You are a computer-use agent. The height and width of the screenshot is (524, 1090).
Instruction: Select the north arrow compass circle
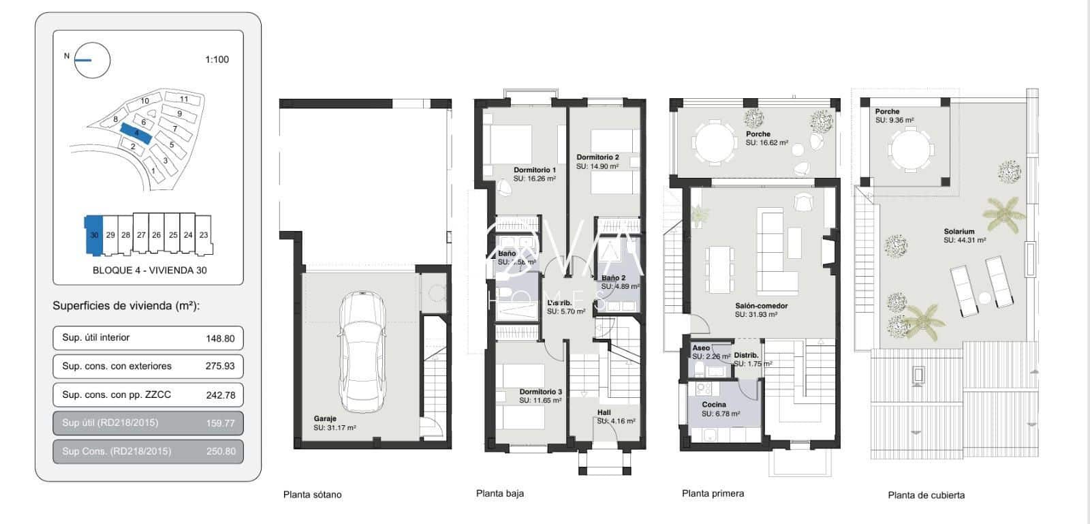92,60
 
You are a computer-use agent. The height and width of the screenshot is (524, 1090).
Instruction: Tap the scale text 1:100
217,59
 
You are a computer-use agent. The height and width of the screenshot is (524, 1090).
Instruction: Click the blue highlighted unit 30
94,234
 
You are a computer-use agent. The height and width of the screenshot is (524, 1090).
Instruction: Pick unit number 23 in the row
204,234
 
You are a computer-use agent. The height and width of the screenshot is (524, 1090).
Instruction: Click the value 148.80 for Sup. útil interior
219,338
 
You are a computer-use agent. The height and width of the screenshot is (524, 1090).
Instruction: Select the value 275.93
219,366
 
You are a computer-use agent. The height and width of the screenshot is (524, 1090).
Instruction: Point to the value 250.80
219,451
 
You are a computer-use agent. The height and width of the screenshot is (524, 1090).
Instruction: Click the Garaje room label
325,419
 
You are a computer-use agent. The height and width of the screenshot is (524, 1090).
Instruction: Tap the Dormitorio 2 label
597,157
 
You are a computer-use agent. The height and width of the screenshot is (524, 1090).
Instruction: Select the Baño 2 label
613,278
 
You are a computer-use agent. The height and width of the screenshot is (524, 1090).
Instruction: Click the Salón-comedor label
761,306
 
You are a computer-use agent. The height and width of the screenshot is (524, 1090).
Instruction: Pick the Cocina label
714,405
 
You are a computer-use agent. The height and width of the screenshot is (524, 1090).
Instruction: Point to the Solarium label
959,232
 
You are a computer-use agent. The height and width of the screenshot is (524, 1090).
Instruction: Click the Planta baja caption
499,493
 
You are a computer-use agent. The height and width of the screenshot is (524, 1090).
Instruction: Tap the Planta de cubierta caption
926,495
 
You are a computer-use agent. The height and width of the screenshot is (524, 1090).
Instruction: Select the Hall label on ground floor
604,413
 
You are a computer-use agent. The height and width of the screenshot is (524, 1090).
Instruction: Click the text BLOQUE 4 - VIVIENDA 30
149,270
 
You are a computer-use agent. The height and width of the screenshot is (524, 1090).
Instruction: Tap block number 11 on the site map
184,99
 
